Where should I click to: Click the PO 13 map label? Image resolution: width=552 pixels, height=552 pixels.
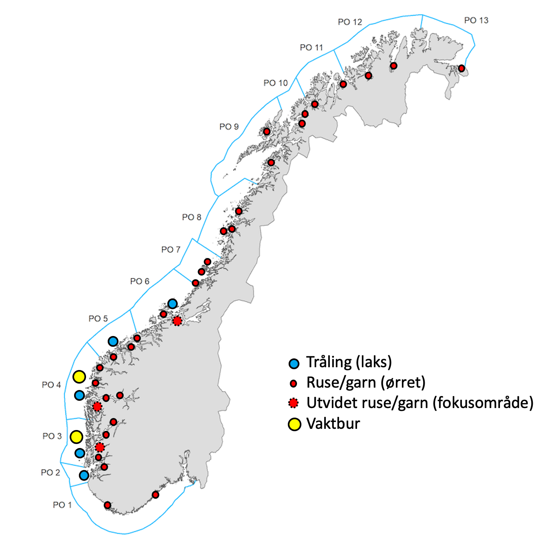coord(476,20)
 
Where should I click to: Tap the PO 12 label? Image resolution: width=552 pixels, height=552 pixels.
coord(349,22)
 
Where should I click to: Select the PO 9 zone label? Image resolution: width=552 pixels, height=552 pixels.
coord(229,127)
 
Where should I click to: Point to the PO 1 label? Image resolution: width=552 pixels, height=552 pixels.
coord(62,505)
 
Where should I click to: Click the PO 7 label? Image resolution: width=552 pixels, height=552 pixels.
coord(171,250)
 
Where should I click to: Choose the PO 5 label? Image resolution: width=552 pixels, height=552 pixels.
coord(98,319)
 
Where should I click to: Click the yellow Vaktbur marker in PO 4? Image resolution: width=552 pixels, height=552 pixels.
coord(79,376)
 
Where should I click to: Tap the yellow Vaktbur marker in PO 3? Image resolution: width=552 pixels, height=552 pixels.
coord(76,437)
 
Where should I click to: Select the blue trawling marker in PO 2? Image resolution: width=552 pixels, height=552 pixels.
coord(84,475)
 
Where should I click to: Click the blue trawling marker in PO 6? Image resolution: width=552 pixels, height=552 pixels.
coord(172,304)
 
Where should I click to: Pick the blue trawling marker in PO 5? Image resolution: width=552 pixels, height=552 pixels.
coord(113,341)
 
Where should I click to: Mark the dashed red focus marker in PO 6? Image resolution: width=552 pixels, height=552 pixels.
coord(177,321)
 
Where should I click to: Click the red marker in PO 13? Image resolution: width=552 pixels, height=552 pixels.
coord(462,68)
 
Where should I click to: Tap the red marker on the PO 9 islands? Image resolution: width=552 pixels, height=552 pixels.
coord(267,132)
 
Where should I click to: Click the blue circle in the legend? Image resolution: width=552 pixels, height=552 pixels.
coord(294,363)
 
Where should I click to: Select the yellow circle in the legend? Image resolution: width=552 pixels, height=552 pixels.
coord(294,424)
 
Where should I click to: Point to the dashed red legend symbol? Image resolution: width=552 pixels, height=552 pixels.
coord(293,403)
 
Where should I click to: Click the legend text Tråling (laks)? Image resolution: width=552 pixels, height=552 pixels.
coord(349,362)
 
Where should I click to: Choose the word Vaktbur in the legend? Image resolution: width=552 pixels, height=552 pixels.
coord(333,424)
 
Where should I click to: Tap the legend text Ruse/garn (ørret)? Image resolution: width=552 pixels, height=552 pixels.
coord(365,383)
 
